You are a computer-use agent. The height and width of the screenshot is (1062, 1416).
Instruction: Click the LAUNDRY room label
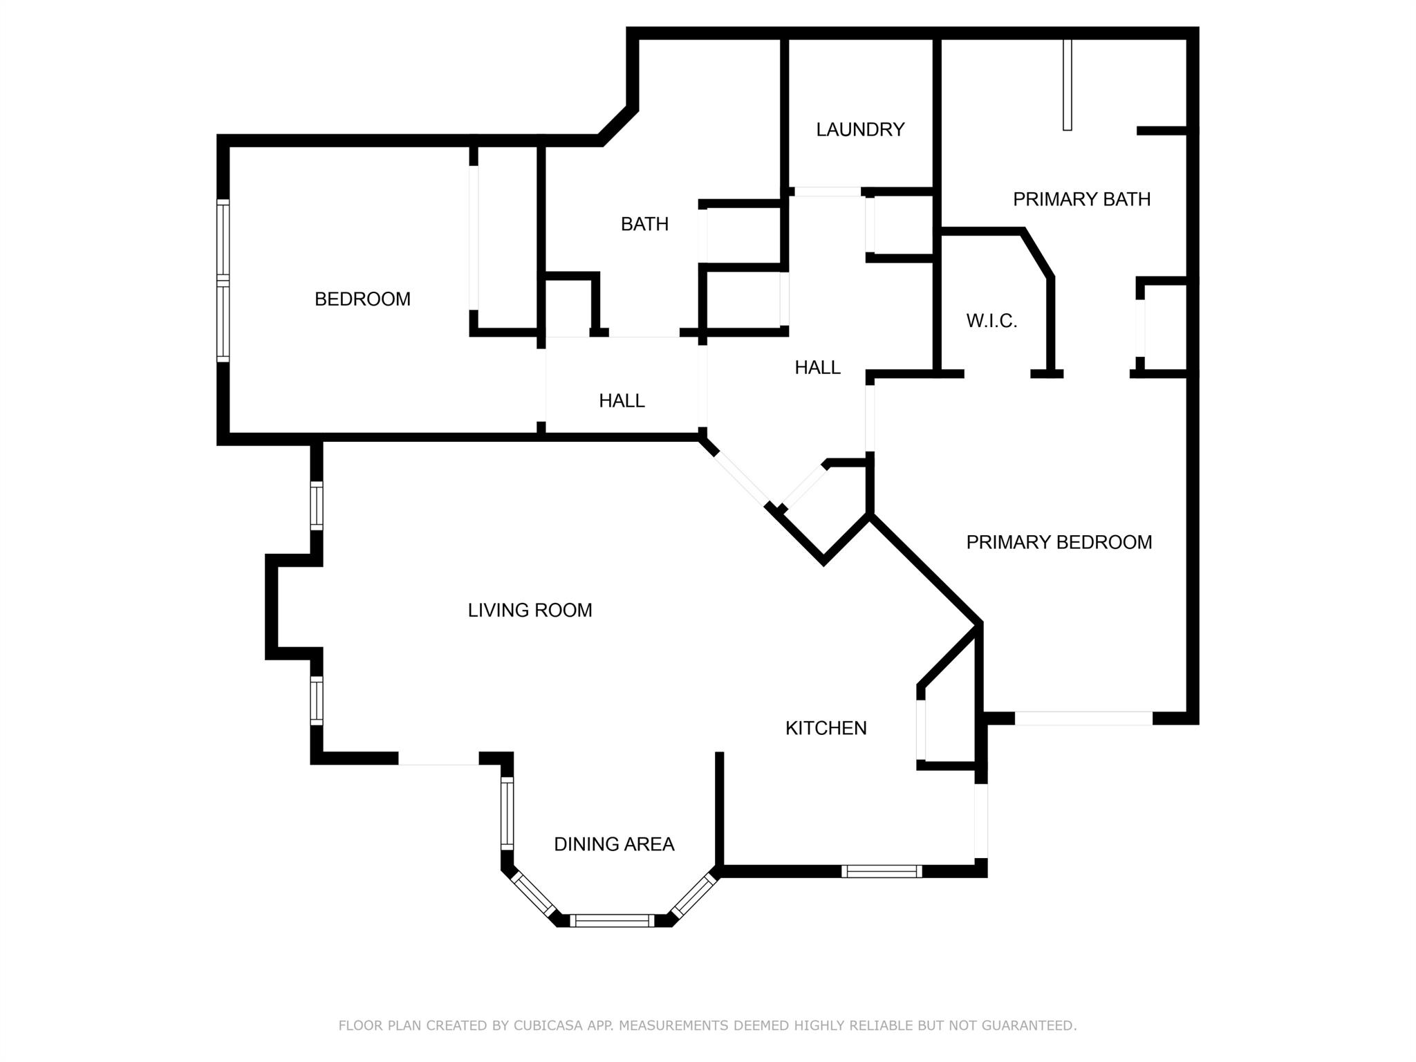pos(860,130)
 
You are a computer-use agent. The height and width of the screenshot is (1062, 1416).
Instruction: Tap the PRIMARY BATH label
pos(1081,199)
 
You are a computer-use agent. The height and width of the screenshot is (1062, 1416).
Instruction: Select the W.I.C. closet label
pos(991,321)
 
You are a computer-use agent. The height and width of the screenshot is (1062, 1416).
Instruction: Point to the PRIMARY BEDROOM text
pos(1059,542)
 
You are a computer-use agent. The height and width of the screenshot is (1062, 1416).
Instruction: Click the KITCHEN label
pos(826,728)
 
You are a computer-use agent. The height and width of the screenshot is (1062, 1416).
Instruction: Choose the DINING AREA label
pos(614,844)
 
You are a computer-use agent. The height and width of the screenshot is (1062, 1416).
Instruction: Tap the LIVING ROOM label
pos(530,611)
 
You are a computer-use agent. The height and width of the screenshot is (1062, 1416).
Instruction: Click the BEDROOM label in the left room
pos(362,299)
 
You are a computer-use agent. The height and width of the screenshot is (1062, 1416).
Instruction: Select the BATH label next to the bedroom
pos(644,224)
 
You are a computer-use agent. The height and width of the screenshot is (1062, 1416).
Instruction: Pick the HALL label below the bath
pos(622,401)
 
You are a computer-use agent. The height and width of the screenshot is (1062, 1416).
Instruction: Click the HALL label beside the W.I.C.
pos(817,368)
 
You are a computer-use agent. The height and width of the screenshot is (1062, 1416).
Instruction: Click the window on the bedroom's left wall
pos(223,280)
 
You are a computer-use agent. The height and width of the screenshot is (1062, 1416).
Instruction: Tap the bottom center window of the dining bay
pos(612,920)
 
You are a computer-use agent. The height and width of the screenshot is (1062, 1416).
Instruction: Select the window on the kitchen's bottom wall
pos(882,871)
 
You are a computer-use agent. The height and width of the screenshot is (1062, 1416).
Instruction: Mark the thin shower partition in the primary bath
pos(1067,84)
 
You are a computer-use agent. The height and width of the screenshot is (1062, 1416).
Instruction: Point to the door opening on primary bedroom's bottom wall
pos(1083,718)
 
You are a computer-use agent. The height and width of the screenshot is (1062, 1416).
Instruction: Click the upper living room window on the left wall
pos(316,505)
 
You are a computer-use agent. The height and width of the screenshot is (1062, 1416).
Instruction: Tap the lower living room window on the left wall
pos(316,700)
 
